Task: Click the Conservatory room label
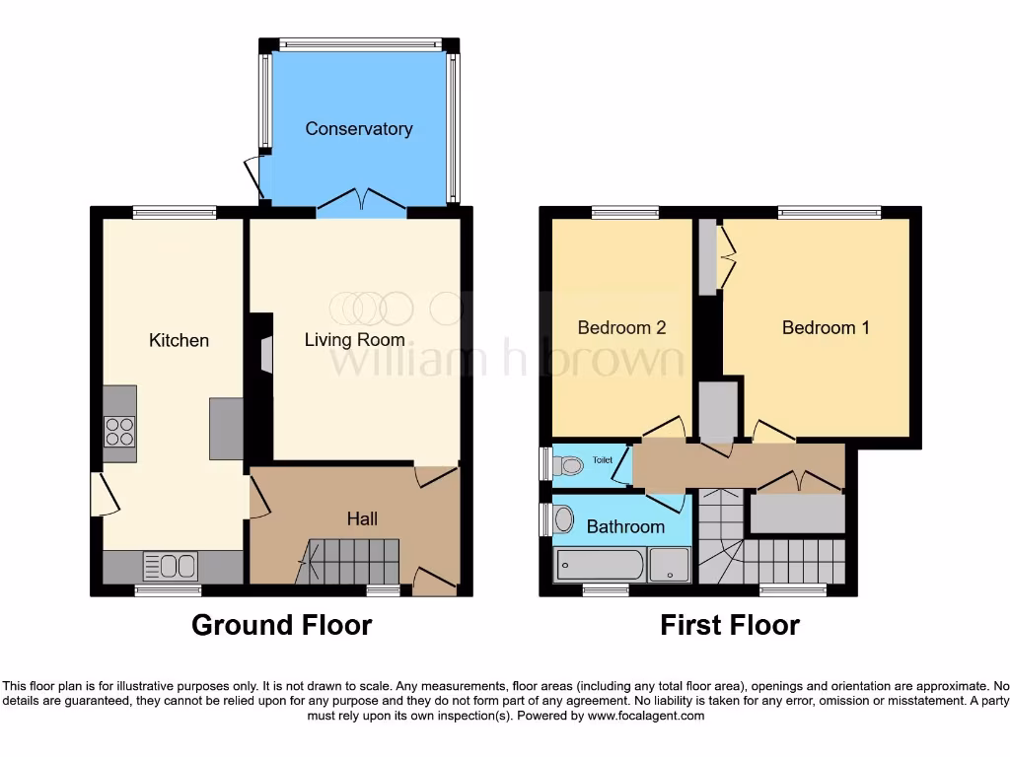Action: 358,129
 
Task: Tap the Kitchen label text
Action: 179,340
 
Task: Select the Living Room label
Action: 354,340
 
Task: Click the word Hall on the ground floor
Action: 362,518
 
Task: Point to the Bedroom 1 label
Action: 826,327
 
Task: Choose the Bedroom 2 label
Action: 621,327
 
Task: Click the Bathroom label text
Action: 625,527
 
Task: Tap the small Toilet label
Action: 602,460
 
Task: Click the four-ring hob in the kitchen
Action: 119,432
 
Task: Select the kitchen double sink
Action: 170,567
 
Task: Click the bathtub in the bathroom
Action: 600,566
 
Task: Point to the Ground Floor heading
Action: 281,625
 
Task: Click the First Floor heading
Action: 729,625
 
